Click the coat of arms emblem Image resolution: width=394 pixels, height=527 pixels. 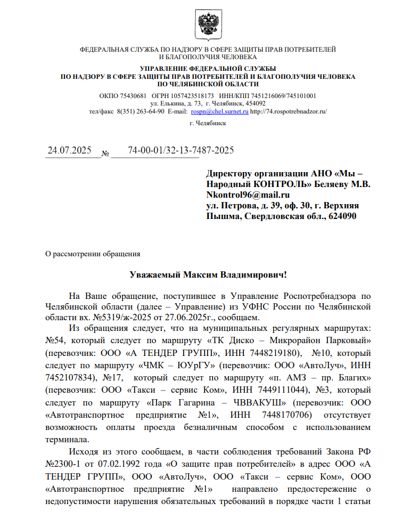(x=208, y=25)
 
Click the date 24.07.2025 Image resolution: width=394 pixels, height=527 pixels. (x=70, y=150)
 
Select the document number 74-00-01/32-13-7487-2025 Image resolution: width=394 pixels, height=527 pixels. (x=181, y=150)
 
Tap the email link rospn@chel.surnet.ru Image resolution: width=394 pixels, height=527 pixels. (x=220, y=112)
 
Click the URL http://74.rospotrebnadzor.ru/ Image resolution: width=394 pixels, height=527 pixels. (x=288, y=112)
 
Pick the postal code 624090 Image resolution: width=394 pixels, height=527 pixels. (x=339, y=216)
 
